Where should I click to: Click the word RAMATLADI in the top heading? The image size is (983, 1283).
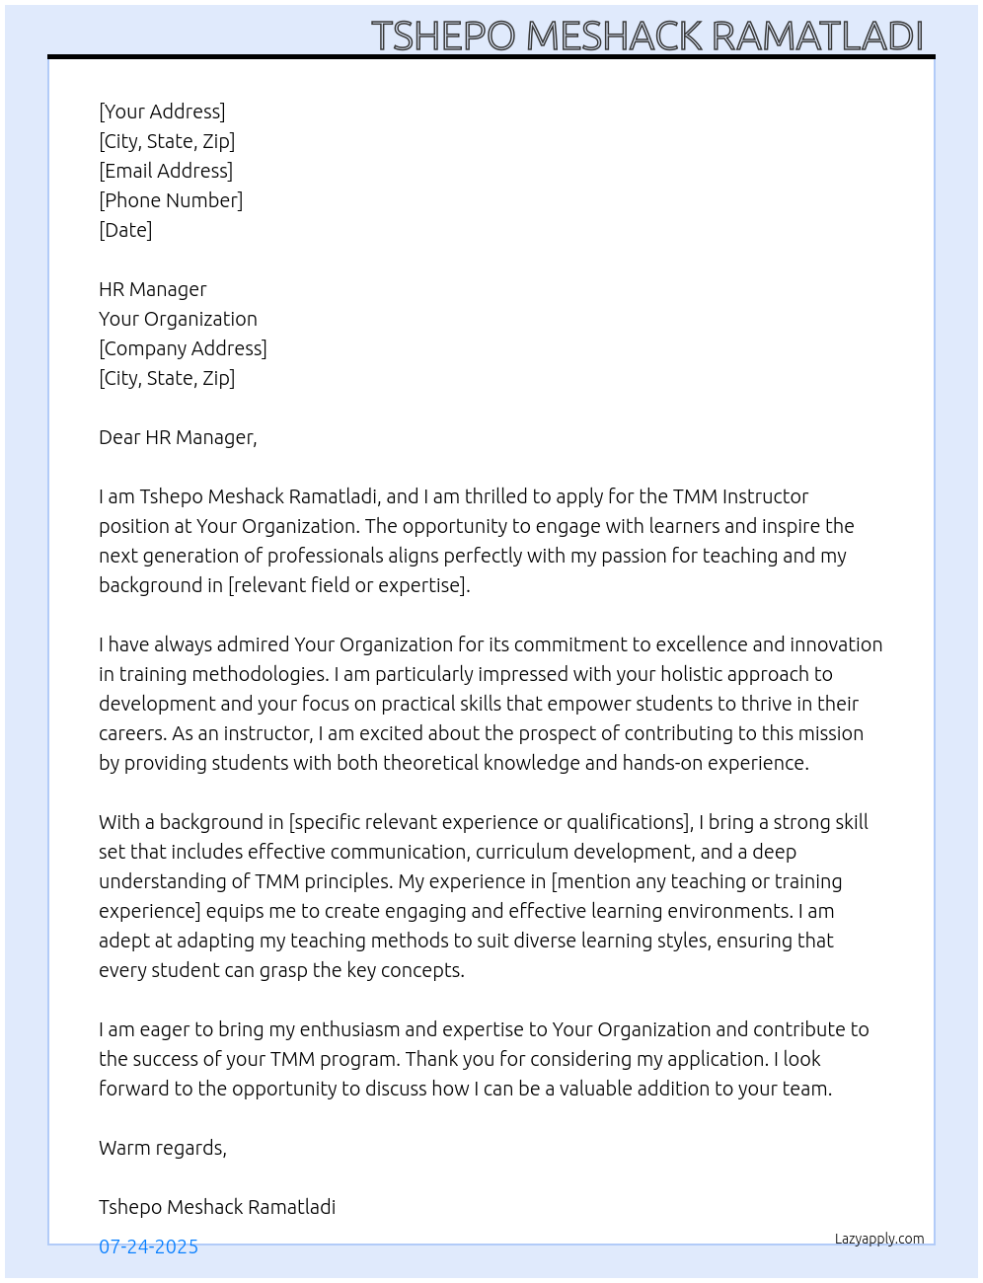[x=816, y=36]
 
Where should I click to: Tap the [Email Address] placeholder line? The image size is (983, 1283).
[x=166, y=171]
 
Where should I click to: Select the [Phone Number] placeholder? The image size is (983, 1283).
[x=171, y=200]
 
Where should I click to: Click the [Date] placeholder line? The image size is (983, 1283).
[x=125, y=230]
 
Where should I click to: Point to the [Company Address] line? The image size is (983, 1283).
[x=183, y=348]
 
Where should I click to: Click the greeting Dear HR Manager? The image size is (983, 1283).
[x=178, y=437]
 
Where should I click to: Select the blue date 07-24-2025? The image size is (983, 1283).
[x=148, y=1246]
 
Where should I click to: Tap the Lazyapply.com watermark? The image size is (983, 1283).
[x=879, y=1239]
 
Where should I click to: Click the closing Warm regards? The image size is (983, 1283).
[x=163, y=1148]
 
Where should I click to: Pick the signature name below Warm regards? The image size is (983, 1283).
[x=217, y=1207]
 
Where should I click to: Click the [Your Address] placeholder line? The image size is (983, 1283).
[x=162, y=112]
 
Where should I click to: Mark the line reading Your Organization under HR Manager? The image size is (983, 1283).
[x=178, y=319]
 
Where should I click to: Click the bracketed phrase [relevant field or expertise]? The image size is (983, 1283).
[x=349, y=585]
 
